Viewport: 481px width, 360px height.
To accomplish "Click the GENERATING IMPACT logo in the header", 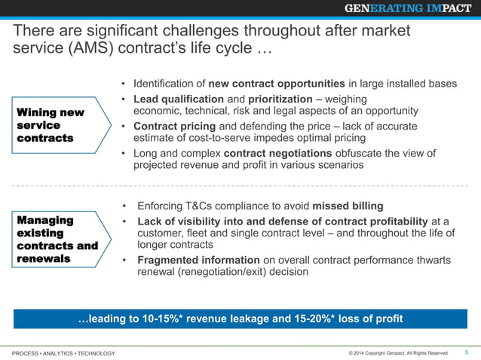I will coord(408,8).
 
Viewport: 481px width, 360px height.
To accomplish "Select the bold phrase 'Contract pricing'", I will coord(174,126).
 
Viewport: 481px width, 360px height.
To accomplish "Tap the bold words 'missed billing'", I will coord(348,206).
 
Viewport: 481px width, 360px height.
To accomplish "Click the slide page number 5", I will coord(466,352).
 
